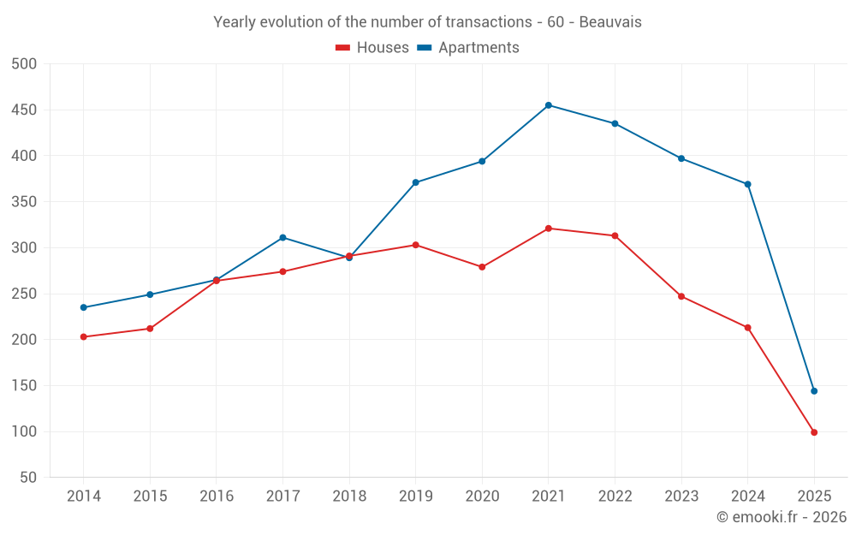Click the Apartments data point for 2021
[x=549, y=105]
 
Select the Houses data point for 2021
[x=549, y=229]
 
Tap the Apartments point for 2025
[x=814, y=391]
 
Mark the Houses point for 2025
[x=814, y=432]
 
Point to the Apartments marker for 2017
[x=282, y=237]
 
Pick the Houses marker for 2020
[x=482, y=267]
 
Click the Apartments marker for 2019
[x=416, y=182]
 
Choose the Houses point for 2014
[x=84, y=336]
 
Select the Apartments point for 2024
[x=748, y=184]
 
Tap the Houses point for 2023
[x=681, y=296]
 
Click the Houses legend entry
[x=372, y=48]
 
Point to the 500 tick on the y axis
[x=25, y=64]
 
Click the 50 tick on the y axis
[x=29, y=478]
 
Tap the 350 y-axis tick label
[x=25, y=202]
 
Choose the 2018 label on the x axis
[x=349, y=496]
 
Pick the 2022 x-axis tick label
[x=615, y=496]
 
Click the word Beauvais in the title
[x=610, y=22]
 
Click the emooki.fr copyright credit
[x=782, y=517]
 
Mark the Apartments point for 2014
[x=84, y=307]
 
